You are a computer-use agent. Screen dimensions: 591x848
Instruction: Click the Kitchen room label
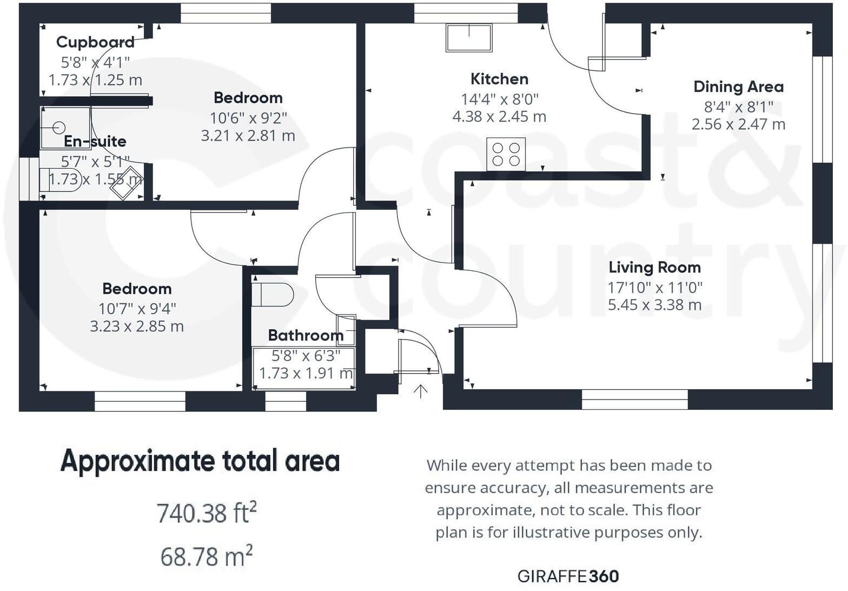click(x=499, y=79)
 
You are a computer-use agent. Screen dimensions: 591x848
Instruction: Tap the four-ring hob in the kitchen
click(x=506, y=154)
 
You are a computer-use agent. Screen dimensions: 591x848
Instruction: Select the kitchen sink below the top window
click(x=469, y=37)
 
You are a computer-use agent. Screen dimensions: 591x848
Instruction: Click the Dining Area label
click(x=738, y=87)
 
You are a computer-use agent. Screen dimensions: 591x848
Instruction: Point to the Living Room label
click(x=654, y=267)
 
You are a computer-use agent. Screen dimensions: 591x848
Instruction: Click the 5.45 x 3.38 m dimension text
click(x=654, y=305)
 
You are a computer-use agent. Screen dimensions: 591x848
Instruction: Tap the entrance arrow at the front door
click(x=420, y=391)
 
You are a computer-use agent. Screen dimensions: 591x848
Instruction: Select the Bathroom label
click(x=306, y=335)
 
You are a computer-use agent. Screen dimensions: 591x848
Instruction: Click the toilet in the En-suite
click(x=61, y=178)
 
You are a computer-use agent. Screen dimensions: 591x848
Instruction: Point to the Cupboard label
click(x=95, y=42)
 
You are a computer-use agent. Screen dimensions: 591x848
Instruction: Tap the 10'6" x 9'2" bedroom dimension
click(x=248, y=117)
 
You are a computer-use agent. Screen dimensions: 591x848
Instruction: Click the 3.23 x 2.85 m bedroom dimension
click(x=137, y=327)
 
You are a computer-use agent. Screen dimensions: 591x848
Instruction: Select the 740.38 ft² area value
click(x=206, y=513)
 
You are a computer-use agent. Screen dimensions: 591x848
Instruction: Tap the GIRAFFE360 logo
click(x=568, y=576)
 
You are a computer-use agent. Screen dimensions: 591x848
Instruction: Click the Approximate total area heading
click(x=200, y=461)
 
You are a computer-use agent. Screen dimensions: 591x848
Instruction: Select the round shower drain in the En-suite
click(x=59, y=128)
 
